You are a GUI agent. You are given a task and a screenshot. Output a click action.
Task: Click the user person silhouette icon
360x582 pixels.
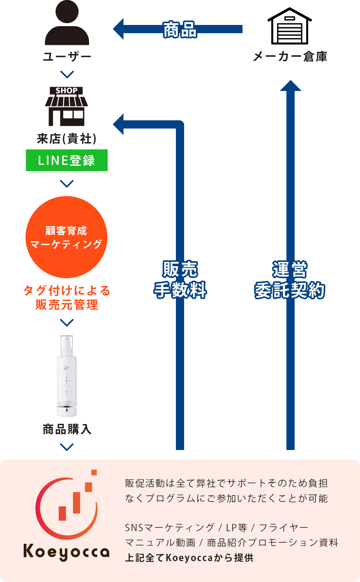coord(67,24)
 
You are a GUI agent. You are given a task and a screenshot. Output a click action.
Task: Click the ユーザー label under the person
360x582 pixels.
coord(67,57)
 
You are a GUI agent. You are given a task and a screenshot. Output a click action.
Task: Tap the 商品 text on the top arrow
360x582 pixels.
coord(180,30)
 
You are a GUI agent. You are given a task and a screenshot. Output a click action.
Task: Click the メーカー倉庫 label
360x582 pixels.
coord(290,57)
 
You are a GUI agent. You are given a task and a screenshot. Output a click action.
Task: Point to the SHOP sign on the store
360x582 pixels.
coord(66,91)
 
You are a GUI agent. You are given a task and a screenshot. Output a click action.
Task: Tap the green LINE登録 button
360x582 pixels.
coord(67,160)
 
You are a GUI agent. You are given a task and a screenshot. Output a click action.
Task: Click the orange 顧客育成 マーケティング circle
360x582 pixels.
coord(66,237)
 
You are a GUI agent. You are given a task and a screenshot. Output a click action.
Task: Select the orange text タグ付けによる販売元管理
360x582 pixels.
coord(67,297)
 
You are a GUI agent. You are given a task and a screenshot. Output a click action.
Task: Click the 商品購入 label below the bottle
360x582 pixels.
coord(67,429)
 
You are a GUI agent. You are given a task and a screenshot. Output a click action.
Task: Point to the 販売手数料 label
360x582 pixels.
coord(180,280)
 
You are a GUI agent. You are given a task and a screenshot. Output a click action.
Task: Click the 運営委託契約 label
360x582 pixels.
coord(290,280)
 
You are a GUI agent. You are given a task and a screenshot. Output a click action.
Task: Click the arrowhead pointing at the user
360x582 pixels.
coord(118,29)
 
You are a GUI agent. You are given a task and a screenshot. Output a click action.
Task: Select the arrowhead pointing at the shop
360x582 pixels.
coord(118,124)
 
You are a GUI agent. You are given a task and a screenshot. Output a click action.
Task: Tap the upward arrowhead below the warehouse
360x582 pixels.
coord(291,86)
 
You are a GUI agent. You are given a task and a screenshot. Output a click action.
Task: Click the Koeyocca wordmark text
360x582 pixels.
coord(66,552)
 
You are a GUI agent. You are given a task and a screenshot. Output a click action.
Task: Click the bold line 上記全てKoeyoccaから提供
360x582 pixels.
coord(189,558)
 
